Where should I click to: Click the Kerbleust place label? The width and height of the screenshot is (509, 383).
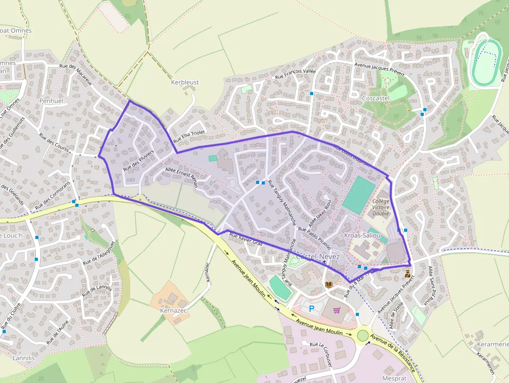pyautogui.click(x=185, y=82)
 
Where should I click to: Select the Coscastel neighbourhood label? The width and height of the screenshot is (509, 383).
pyautogui.click(x=377, y=98)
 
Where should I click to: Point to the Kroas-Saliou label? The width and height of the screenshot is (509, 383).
pyautogui.click(x=366, y=235)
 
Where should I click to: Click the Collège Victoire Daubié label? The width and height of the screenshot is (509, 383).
pyautogui.click(x=381, y=207)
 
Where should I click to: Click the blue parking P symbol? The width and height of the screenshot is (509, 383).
pyautogui.click(x=312, y=308)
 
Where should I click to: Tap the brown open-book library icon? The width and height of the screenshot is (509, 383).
pyautogui.click(x=328, y=284)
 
